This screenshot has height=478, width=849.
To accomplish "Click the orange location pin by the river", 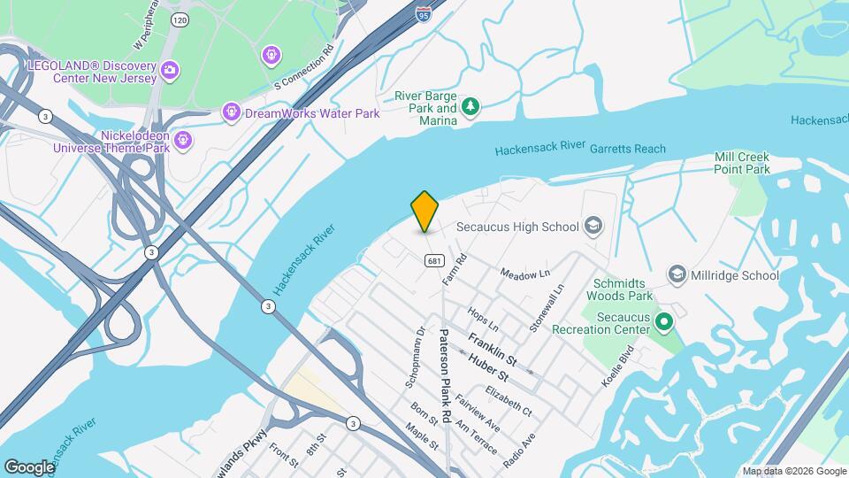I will coord(425,211).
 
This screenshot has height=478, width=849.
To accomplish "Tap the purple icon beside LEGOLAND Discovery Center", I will coord(170,69).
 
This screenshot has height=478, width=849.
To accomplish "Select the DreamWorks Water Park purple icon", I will coord(231,112).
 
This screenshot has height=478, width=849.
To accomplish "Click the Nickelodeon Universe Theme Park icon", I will coord(183,139).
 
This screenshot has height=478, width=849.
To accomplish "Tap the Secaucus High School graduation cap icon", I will coord(592,227).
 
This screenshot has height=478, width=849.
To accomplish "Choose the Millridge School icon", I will coord(677,275).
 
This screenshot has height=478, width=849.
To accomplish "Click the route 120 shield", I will coord(180,19).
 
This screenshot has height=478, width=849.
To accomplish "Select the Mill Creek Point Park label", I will coord(742,163).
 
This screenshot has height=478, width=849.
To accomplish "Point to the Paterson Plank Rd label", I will coord(447,375).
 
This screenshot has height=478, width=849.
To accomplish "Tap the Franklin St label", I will coord(493,349).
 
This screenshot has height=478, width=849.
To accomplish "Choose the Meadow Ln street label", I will coord(524,275).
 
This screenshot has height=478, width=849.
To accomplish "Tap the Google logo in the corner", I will coord(29,466).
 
